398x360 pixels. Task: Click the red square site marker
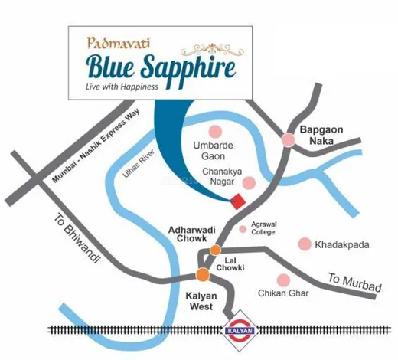tap(239, 201)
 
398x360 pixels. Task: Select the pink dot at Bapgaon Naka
tap(289, 139)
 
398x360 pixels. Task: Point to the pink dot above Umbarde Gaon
tap(217, 129)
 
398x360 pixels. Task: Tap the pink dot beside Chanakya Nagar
tap(250, 182)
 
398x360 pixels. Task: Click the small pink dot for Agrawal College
tap(243, 228)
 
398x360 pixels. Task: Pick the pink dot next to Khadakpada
tap(305, 244)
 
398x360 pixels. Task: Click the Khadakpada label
tap(345, 244)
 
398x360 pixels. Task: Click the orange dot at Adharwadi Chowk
tap(216, 250)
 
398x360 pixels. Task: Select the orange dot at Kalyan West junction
tap(202, 274)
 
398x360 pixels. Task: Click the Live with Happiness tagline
tap(122, 87)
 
